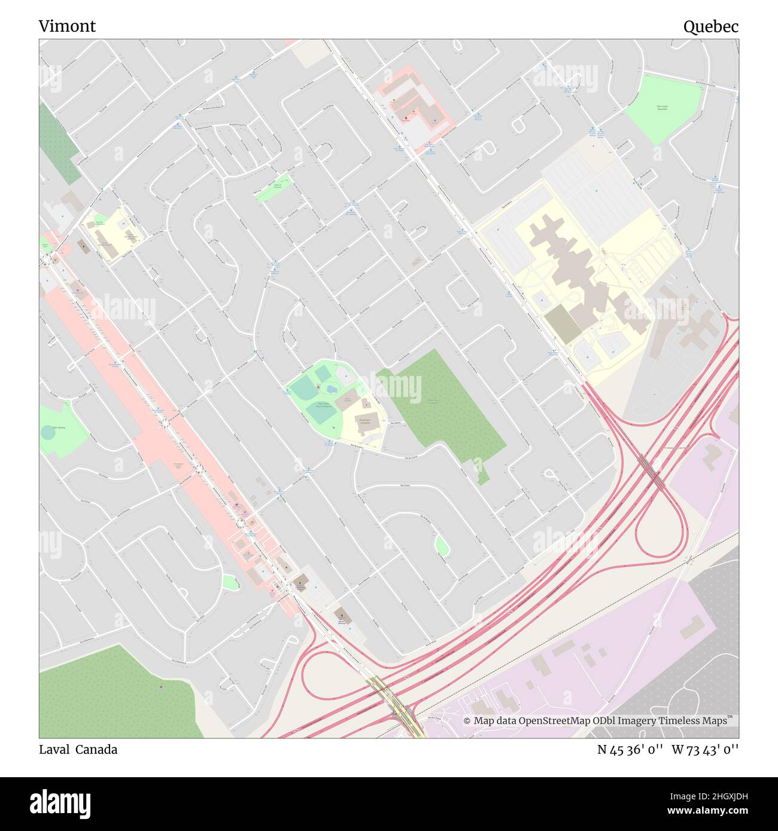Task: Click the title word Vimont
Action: [67, 26]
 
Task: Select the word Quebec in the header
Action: [711, 26]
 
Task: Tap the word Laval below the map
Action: [54, 749]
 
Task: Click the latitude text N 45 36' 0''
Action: [631, 749]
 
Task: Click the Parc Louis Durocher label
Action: [661, 108]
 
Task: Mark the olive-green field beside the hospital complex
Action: [562, 323]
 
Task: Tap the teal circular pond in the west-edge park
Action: [49, 432]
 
